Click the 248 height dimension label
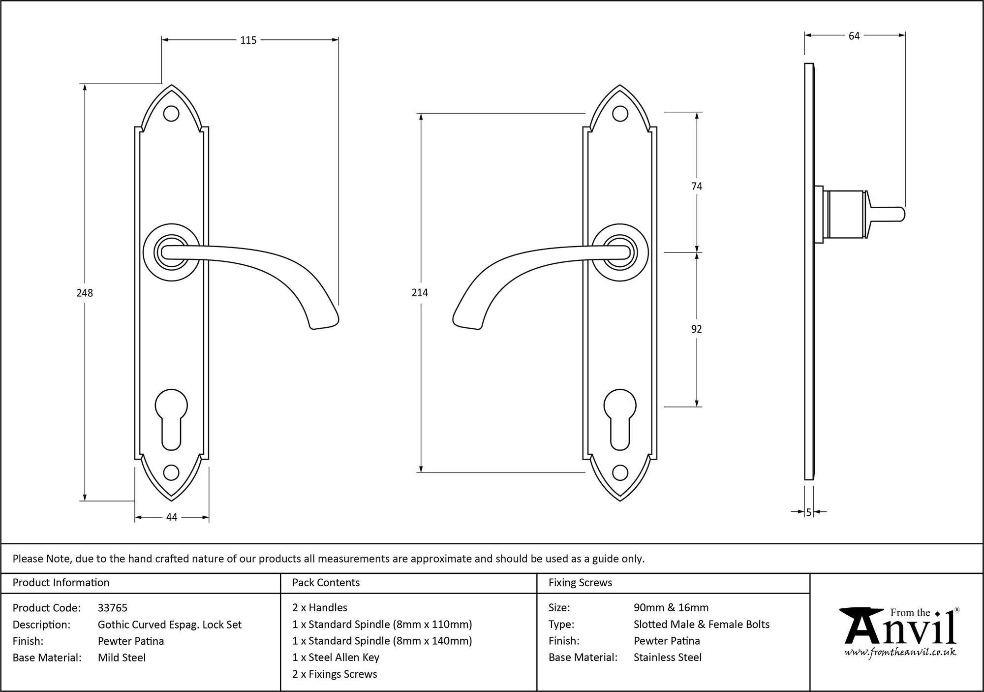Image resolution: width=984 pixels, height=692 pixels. [85, 293]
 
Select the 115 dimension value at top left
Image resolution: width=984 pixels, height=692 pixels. [248, 40]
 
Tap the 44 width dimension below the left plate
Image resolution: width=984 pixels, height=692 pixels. [171, 517]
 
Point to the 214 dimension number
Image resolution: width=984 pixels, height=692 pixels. [420, 293]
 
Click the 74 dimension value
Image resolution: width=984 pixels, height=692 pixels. [697, 186]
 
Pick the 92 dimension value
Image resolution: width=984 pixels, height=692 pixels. [696, 329]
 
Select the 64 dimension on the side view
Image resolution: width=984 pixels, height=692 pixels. [854, 36]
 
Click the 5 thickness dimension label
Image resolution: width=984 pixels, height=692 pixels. [808, 513]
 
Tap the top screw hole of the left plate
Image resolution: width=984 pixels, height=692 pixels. [171, 114]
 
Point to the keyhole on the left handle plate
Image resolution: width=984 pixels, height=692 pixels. [171, 418]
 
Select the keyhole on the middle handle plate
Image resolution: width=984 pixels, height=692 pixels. [620, 418]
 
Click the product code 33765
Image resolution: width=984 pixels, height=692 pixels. [112, 608]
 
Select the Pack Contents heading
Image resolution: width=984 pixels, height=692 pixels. [326, 583]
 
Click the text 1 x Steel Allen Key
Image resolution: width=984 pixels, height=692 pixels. [336, 658]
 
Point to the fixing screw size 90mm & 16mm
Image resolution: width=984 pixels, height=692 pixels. [671, 608]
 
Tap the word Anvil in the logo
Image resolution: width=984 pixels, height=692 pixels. [900, 631]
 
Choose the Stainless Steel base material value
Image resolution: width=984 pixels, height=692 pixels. [668, 658]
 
